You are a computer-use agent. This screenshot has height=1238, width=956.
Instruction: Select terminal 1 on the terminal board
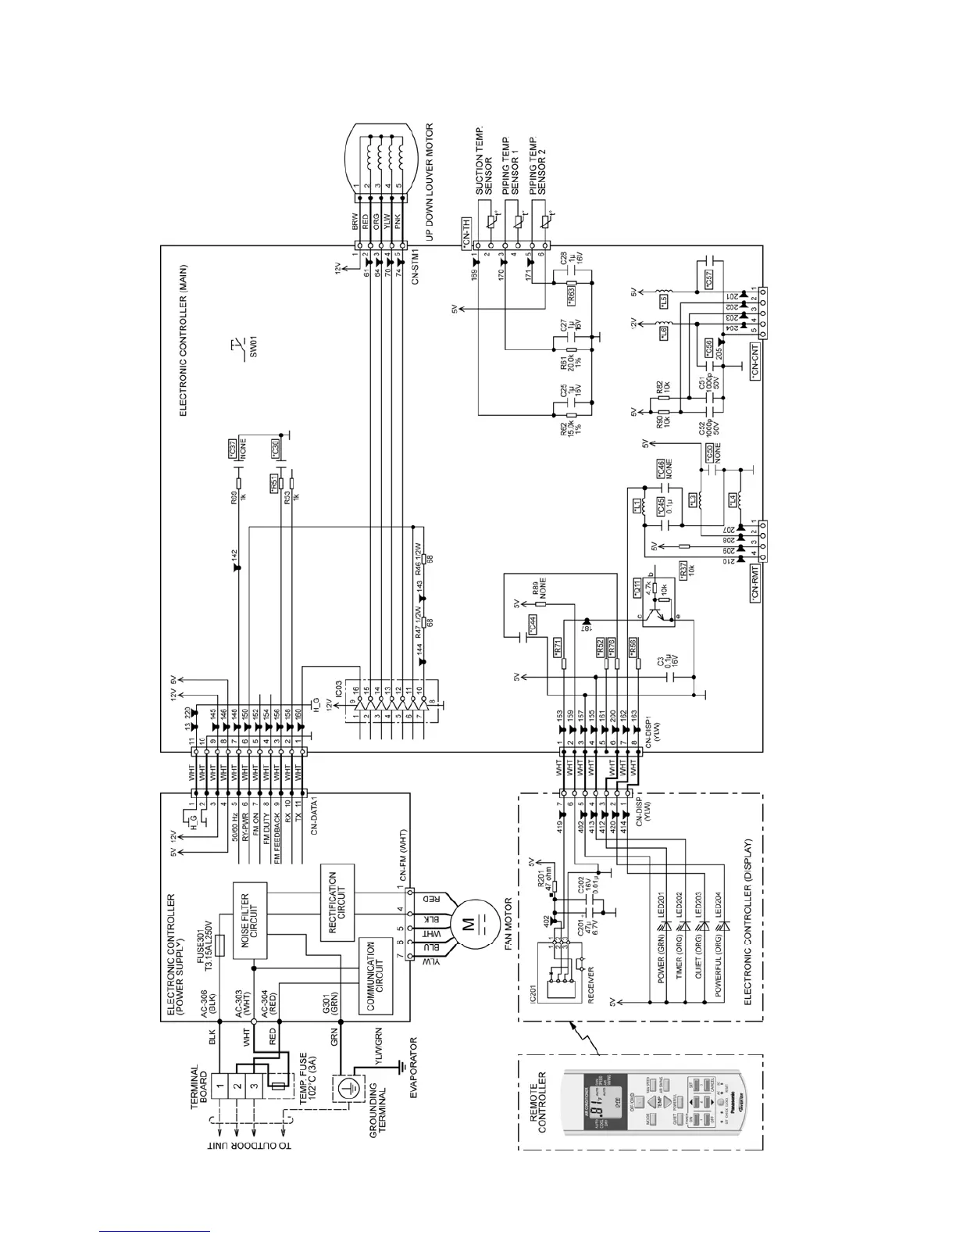[221, 1085]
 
